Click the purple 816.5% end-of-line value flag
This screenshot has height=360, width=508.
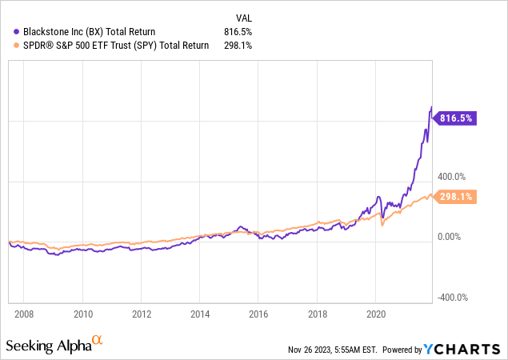455,118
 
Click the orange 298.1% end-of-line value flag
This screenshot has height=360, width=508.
455,196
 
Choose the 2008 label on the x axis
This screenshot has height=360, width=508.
25,313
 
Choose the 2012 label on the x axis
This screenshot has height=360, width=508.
142,313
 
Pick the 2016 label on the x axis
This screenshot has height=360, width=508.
259,313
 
